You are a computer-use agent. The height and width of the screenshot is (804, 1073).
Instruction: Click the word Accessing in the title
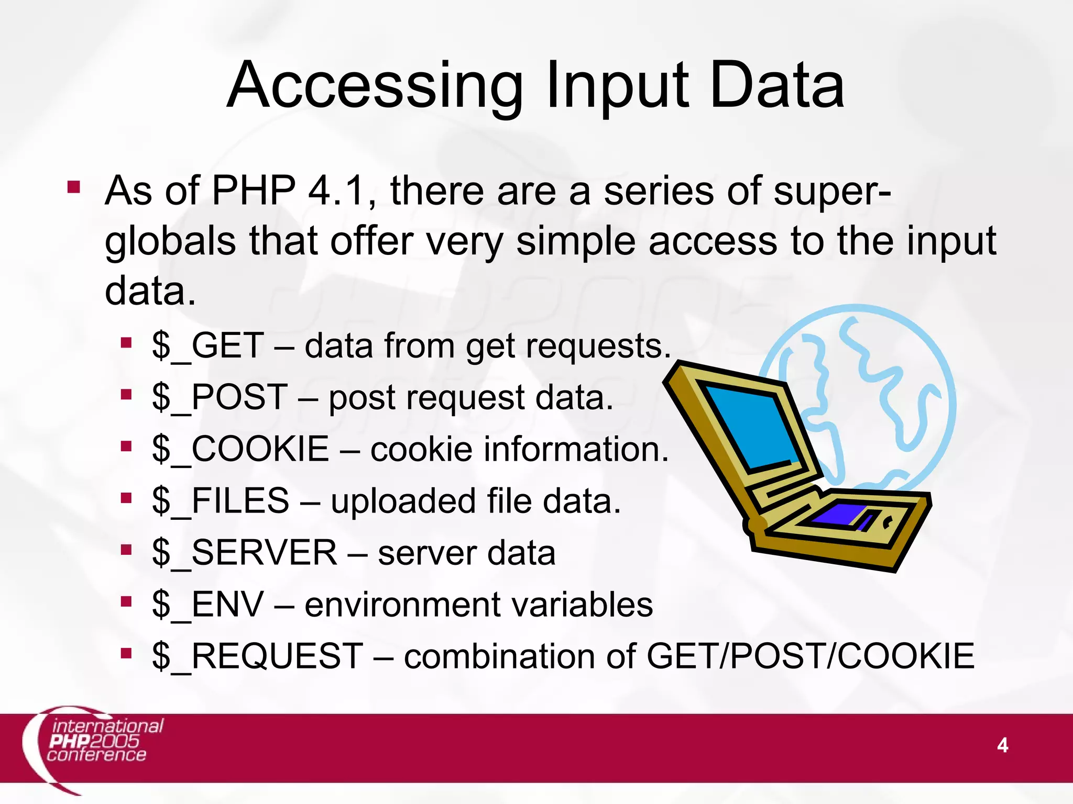[x=375, y=86]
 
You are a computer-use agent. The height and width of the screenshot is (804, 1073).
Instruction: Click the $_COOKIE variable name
[x=240, y=449]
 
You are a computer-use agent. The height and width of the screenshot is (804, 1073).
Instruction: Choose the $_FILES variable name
[x=221, y=500]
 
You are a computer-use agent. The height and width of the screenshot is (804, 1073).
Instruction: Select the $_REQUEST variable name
[x=257, y=656]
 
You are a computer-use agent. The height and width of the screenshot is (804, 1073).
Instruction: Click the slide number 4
[x=1002, y=745]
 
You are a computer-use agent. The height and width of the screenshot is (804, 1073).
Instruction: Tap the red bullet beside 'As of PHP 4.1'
[x=73, y=187]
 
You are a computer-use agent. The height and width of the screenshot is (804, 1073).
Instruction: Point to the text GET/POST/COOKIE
[x=810, y=656]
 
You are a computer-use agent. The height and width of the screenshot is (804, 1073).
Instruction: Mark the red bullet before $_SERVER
[x=126, y=550]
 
